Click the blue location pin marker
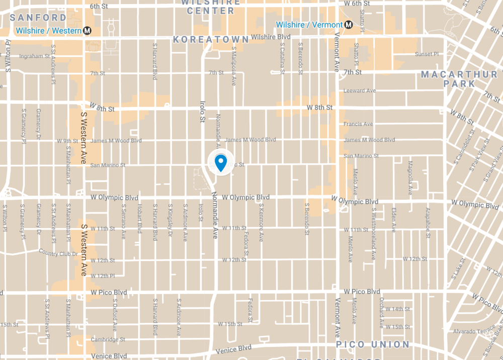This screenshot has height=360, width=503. (x=220, y=163)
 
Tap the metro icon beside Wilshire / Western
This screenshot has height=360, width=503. (x=88, y=31)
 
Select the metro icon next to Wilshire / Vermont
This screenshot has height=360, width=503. (x=348, y=25)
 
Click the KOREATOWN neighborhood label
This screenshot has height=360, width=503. (x=211, y=39)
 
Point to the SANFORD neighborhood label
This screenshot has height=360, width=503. (x=38, y=18)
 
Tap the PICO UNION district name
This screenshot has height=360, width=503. (x=373, y=344)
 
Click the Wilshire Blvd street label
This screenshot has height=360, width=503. (x=271, y=37)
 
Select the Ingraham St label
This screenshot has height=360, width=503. (x=34, y=56)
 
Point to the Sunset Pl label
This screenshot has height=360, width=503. (x=427, y=54)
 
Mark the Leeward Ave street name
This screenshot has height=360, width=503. (x=360, y=91)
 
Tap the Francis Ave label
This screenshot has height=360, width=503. (x=358, y=124)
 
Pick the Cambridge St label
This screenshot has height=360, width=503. (x=108, y=339)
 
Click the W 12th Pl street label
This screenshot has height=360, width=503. (x=103, y=276)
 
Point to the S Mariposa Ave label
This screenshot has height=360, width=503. (x=234, y=66)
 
